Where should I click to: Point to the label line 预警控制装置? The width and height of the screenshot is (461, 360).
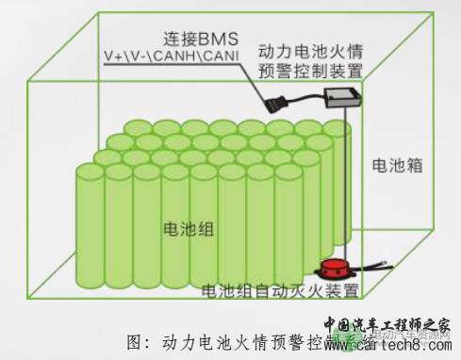[320, 70]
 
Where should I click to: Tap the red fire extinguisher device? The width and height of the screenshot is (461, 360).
[335, 270]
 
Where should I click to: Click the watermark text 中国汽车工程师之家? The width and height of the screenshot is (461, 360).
[391, 325]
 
